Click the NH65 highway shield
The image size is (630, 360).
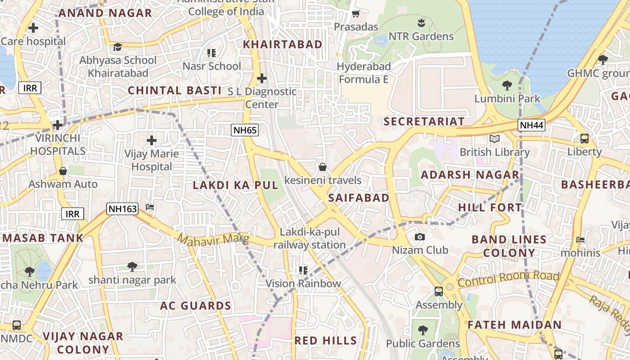click(245, 130)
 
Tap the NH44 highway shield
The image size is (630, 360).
click(531, 125)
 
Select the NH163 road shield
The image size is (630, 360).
click(122, 209)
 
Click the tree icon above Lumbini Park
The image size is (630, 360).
click(507, 85)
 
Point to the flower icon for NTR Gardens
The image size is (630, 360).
click(421, 22)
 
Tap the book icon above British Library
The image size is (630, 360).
click(495, 139)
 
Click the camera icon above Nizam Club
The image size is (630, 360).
click(419, 237)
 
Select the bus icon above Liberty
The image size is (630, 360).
click(584, 139)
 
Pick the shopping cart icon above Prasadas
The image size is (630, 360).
click(355, 14)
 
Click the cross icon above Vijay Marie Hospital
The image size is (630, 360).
click(152, 140)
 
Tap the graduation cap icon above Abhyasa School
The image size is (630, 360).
click(117, 47)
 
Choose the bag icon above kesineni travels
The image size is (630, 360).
click(323, 167)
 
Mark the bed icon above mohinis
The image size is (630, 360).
click(580, 240)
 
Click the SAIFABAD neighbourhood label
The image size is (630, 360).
click(359, 198)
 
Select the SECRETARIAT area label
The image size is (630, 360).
click(423, 121)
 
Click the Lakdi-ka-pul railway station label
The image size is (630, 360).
click(310, 238)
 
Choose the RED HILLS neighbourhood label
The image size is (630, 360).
click(326, 341)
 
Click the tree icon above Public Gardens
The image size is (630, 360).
click(423, 330)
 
